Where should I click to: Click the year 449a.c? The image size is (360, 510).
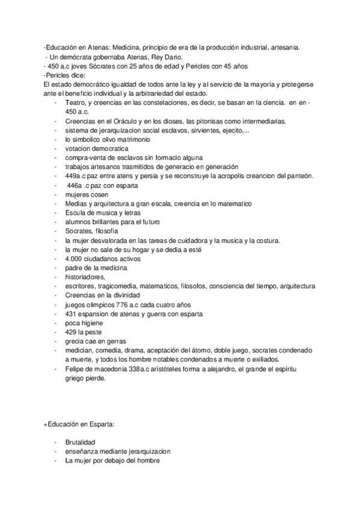click(x=76, y=176)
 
